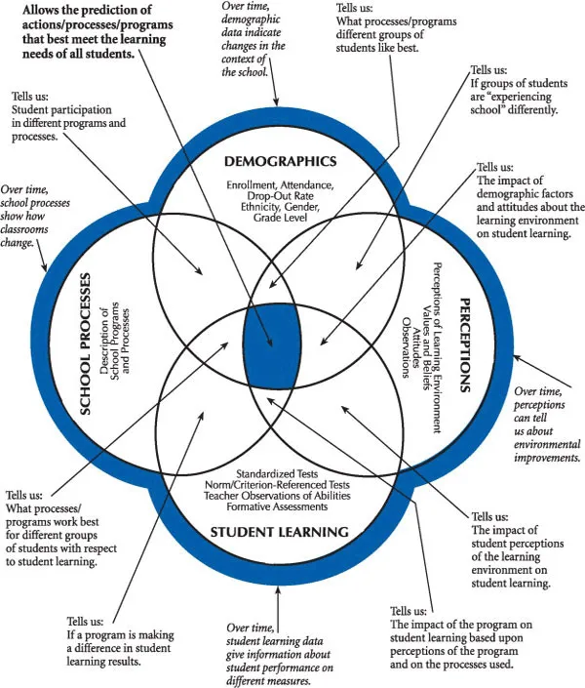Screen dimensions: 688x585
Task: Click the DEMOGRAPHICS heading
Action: pos(280,161)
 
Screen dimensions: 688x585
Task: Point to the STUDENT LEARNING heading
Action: pos(279,532)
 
